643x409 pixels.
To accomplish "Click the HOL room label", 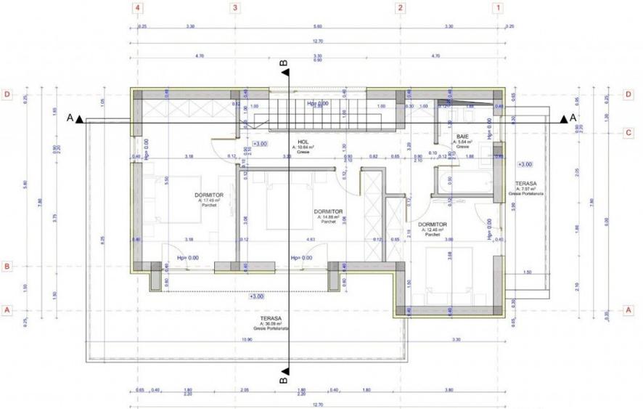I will point(303,142).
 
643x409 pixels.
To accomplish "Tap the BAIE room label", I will point(462,137).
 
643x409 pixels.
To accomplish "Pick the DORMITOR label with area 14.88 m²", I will point(329,212).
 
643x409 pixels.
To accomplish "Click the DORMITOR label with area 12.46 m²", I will point(432,225).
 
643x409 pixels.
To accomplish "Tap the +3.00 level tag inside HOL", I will point(259,144).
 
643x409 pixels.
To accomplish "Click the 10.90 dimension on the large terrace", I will point(246,339).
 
